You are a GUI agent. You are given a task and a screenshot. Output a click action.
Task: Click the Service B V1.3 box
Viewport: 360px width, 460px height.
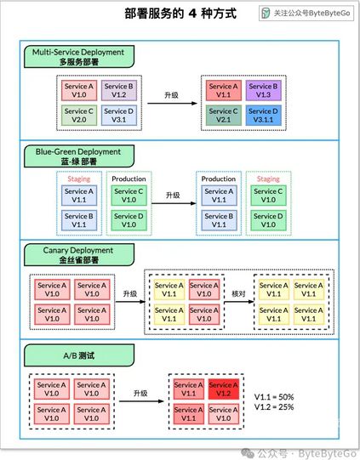click(263, 90)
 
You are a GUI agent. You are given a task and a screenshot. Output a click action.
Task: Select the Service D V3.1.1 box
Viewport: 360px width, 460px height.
click(263, 116)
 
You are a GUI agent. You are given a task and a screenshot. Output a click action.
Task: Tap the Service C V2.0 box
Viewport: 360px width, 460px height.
click(79, 116)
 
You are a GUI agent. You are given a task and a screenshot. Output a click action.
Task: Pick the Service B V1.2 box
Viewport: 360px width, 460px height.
click(119, 90)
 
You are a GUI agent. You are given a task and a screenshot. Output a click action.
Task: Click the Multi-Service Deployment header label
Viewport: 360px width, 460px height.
click(79, 57)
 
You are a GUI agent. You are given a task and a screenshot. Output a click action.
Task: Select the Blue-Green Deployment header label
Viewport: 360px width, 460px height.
click(79, 156)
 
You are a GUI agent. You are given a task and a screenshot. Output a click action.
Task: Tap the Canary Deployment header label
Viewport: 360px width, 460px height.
click(79, 254)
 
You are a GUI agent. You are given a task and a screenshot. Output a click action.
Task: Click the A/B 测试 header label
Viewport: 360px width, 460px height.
click(79, 355)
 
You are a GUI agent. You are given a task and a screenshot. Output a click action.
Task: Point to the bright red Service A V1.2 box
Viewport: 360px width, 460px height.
click(224, 389)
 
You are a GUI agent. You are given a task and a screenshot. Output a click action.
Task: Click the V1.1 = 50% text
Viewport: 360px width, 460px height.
click(274, 397)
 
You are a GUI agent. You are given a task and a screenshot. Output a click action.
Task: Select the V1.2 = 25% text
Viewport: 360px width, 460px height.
click(274, 407)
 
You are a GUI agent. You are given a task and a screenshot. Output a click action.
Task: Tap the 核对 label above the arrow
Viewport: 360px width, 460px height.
click(238, 293)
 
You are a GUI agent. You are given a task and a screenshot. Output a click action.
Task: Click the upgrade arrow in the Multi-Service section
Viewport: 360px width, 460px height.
click(172, 103)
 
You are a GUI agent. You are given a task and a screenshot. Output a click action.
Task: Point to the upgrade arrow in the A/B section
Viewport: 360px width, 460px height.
click(141, 401)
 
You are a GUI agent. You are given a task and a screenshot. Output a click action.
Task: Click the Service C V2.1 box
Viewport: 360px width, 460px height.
click(224, 116)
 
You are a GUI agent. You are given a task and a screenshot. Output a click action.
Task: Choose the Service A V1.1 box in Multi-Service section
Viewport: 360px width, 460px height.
click(224, 90)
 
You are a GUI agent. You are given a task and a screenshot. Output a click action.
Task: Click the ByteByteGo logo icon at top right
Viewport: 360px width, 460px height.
click(266, 14)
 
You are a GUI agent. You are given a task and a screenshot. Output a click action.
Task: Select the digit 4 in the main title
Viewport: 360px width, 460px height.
click(192, 14)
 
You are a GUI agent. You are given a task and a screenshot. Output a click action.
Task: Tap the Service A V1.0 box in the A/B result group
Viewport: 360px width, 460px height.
click(224, 414)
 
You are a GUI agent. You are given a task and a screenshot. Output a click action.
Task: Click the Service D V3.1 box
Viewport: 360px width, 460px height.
click(119, 116)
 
